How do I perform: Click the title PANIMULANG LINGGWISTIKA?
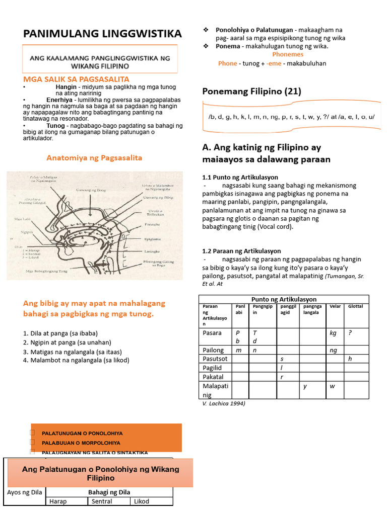[x=102, y=34]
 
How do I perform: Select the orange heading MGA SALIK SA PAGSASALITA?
[x=76, y=79]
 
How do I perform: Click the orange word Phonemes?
[x=288, y=54]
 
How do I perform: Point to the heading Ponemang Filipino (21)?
[x=251, y=91]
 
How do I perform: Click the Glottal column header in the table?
[x=355, y=306]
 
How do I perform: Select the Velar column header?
[x=335, y=306]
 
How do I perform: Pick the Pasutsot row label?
[x=215, y=359]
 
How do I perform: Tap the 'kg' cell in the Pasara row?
[x=333, y=333]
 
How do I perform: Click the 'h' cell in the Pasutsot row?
[x=350, y=359]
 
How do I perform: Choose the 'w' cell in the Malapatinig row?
[x=332, y=386]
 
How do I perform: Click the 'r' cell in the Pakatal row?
[x=282, y=377]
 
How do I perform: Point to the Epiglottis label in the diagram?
[x=153, y=239]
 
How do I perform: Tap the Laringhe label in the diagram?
[x=152, y=250]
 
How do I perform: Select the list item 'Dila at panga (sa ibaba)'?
[x=60, y=333]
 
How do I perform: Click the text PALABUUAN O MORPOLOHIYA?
[x=81, y=443]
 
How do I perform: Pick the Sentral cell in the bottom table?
[x=108, y=501]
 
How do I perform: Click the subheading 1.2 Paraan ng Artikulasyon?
[x=241, y=250]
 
